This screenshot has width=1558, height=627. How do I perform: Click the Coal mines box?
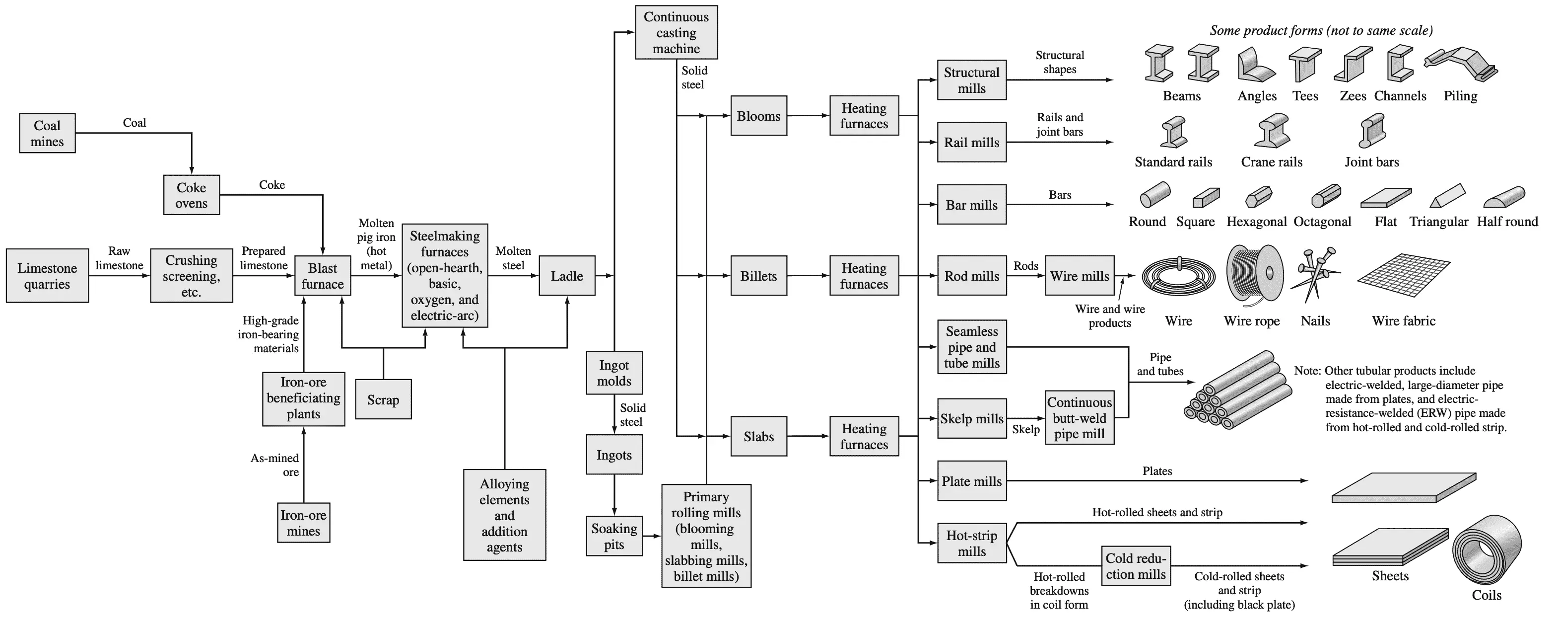coord(47,133)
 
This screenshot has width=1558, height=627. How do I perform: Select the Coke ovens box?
coord(191,195)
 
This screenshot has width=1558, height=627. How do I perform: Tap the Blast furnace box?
coord(322,276)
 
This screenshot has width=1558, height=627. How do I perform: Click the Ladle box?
coord(567,276)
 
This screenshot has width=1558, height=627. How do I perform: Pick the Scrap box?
coord(383,399)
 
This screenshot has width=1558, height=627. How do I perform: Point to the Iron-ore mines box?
coord(304,523)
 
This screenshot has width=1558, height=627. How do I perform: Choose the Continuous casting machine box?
coord(676,33)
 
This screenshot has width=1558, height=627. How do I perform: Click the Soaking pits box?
coord(614,536)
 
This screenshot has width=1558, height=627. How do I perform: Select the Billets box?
coord(758,276)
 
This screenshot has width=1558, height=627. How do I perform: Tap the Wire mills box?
coord(1080,276)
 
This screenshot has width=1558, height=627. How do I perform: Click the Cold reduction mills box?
coord(1136,566)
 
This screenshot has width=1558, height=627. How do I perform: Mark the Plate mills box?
coord(972,481)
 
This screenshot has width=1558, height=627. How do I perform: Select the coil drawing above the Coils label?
coord(1486,551)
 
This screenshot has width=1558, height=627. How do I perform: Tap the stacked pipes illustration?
coord(1237,391)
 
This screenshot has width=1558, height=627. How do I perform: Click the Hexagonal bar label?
coord(1256,222)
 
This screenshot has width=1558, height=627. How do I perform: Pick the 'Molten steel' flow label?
coord(513,258)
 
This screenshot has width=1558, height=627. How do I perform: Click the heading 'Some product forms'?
coord(1321,31)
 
